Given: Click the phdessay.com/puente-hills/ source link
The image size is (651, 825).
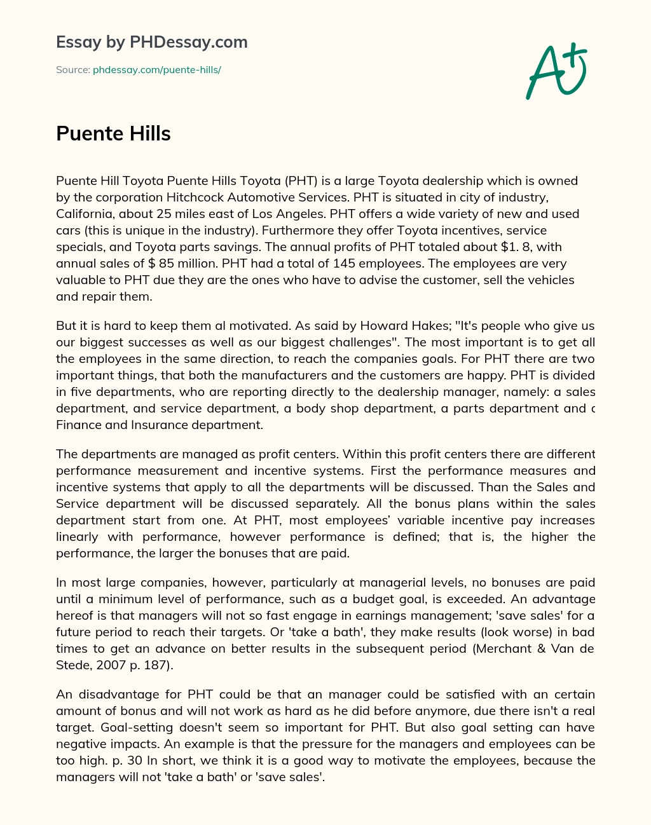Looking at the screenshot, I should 156,70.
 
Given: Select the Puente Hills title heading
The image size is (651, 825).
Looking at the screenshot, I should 113,133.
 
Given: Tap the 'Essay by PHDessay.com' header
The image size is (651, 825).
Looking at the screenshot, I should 151,42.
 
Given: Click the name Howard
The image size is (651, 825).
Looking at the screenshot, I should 385,325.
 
